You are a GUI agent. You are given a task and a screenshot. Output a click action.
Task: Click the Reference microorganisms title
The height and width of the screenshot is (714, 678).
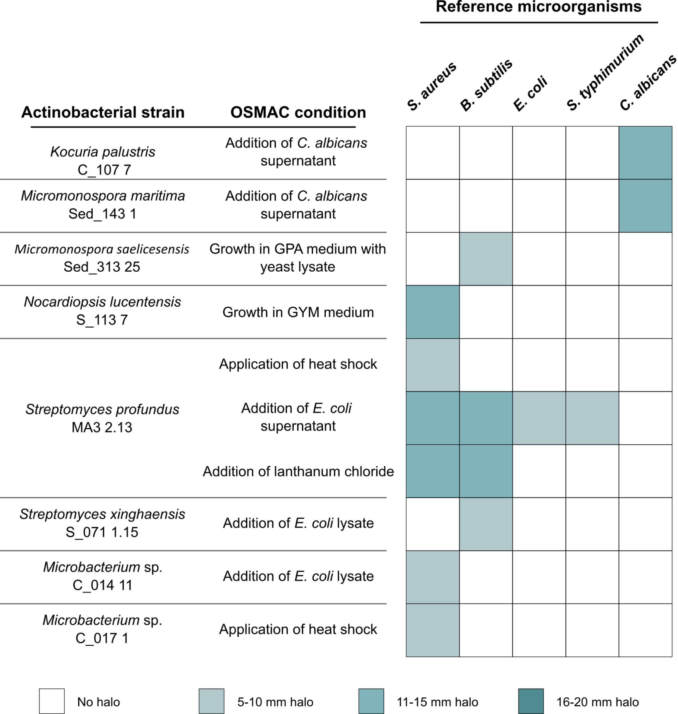[538, 7]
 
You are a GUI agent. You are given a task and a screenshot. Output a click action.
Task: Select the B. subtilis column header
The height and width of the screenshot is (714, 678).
[486, 85]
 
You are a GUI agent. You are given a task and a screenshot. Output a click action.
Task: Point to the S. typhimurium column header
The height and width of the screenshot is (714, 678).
[606, 72]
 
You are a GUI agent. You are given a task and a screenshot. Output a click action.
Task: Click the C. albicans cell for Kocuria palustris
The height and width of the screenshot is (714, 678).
[645, 153]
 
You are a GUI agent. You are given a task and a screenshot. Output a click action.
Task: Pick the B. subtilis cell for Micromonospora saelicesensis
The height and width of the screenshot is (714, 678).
[486, 259]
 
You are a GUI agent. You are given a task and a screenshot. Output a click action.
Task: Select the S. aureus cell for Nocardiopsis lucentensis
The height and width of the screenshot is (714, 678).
[433, 312]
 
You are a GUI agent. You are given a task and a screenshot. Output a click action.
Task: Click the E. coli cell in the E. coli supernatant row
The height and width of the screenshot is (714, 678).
[539, 418]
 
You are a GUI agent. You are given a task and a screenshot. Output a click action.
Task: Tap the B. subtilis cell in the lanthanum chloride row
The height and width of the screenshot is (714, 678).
[486, 471]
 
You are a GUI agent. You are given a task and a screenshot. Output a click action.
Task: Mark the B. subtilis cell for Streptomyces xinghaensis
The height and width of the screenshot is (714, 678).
[486, 524]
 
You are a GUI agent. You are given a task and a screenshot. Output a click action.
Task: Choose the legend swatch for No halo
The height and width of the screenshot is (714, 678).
[52, 701]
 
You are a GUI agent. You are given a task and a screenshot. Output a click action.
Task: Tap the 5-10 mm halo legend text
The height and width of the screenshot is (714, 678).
[275, 702]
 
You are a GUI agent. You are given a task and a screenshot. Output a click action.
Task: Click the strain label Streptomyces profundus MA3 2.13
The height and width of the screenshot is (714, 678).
[102, 418]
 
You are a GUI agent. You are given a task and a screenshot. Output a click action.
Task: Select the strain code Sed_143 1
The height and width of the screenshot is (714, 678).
[102, 214]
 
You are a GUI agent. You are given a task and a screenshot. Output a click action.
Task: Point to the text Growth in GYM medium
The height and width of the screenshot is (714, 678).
[298, 312]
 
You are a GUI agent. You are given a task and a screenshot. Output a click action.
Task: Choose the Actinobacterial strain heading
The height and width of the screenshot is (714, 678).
[103, 113]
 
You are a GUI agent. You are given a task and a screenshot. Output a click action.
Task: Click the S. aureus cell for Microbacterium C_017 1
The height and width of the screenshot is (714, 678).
[433, 630]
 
